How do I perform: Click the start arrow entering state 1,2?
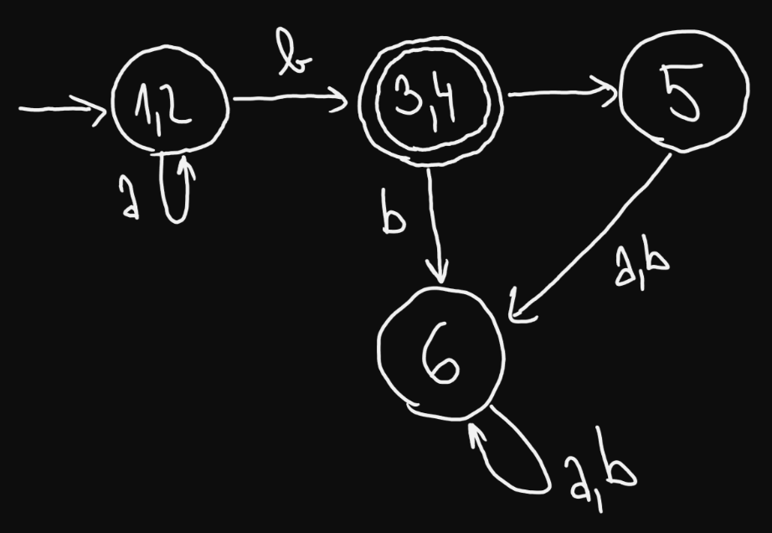coord(59,107)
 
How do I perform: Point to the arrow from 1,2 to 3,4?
coord(289,100)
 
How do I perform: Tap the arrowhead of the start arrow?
coord(95,107)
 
